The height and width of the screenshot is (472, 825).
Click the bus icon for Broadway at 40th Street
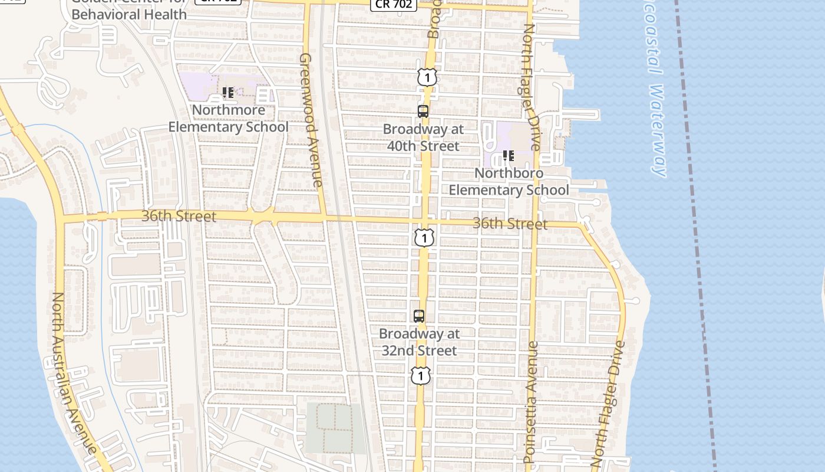click(423, 111)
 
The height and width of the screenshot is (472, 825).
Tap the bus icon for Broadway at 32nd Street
click(419, 316)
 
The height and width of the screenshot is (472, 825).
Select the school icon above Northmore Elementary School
click(228, 93)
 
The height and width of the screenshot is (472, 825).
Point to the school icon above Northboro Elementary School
click(509, 156)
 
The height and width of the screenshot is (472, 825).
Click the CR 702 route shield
click(394, 4)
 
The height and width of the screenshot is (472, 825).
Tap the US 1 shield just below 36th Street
click(424, 237)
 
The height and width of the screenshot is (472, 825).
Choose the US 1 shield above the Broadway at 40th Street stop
click(428, 77)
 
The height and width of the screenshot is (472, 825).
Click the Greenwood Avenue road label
click(311, 120)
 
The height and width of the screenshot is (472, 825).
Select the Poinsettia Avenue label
click(531, 402)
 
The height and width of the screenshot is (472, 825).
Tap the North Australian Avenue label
click(74, 372)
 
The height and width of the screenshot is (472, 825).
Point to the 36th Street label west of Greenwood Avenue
click(179, 217)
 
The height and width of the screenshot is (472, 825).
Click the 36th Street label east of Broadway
click(510, 224)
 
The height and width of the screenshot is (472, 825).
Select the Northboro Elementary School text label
click(509, 182)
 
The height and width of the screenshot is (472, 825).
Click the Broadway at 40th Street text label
click(423, 137)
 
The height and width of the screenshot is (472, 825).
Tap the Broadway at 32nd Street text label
click(419, 342)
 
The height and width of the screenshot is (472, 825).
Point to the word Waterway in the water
click(658, 130)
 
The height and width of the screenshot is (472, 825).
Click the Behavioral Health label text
click(128, 14)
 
